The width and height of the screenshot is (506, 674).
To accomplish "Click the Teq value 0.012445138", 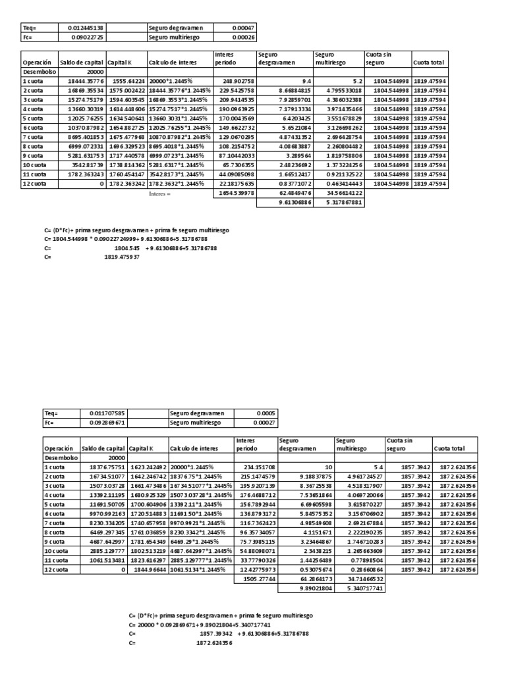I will tap(86, 28).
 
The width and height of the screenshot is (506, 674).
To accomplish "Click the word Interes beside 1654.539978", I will tap(159, 195).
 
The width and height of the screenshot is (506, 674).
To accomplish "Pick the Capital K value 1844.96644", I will tap(150, 569).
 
